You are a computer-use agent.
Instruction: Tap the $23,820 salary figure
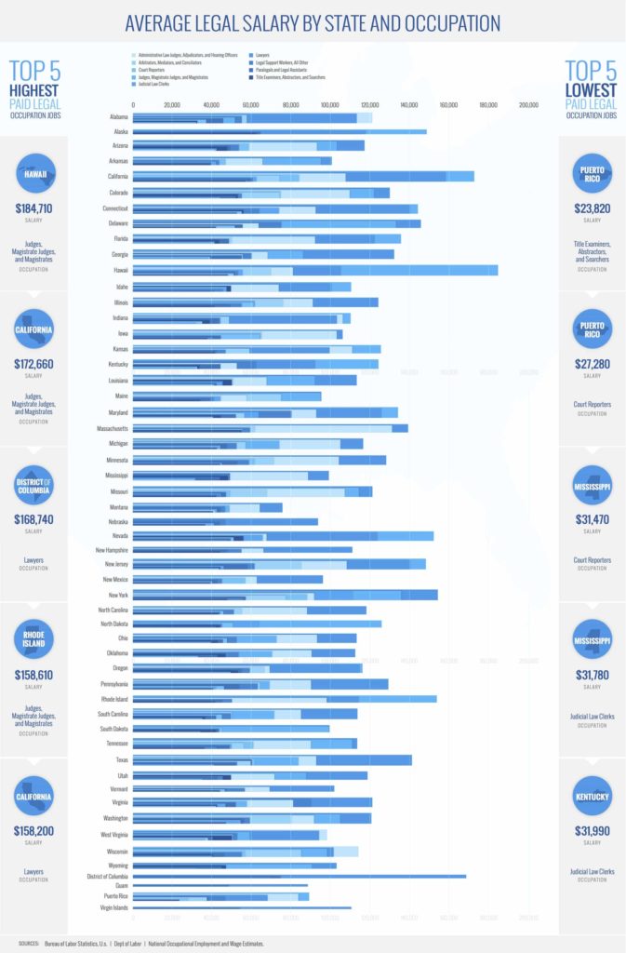[x=592, y=208]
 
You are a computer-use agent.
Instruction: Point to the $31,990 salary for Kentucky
[x=592, y=829]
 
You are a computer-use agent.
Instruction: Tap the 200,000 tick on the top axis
[x=527, y=105]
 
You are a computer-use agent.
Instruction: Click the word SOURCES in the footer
[x=30, y=943]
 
